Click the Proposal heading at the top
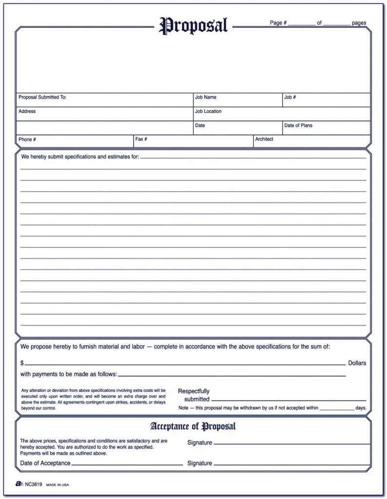pyautogui.click(x=193, y=25)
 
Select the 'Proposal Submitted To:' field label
pyautogui.click(x=42, y=97)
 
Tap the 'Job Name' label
pyautogui.click(x=206, y=97)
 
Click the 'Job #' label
pyautogui.click(x=290, y=97)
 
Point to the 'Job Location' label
pyautogui.click(x=208, y=112)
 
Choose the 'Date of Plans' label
pyautogui.click(x=298, y=126)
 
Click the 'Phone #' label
pyautogui.click(x=27, y=139)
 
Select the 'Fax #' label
pyautogui.click(x=141, y=139)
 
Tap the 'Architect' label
pyautogui.click(x=264, y=139)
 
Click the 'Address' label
pyautogui.click(x=27, y=112)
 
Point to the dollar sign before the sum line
pyautogui.click(x=22, y=363)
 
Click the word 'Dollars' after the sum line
pyautogui.click(x=357, y=363)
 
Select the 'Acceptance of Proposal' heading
pyautogui.click(x=193, y=427)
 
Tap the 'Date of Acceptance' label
pyautogui.click(x=45, y=463)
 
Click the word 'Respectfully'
pyautogui.click(x=193, y=391)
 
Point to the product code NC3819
pyautogui.click(x=33, y=485)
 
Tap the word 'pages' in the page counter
pyautogui.click(x=359, y=23)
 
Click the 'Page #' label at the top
pyautogui.click(x=278, y=23)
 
